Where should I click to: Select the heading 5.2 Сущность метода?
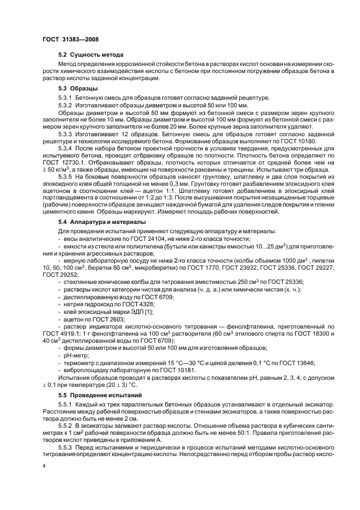[91, 56]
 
